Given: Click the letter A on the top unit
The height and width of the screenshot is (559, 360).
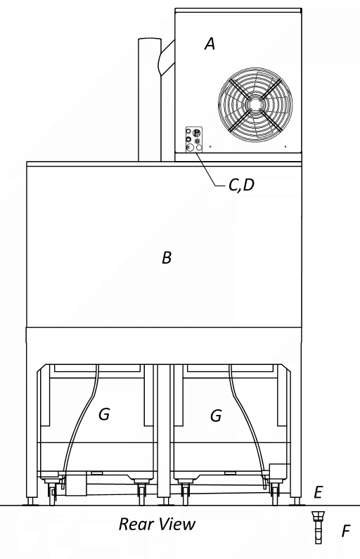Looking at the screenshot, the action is (210, 44).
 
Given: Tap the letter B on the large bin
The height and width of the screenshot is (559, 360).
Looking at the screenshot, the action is (167, 257).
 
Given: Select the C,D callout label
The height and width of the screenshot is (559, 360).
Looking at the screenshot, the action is (241, 185).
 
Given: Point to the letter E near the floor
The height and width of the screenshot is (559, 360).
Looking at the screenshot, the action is (318, 492).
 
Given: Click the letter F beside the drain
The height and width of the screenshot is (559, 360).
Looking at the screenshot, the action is (346, 531).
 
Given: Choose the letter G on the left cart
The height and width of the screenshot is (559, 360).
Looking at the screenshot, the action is (104, 414).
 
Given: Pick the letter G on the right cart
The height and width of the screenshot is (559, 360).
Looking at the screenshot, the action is (216, 416).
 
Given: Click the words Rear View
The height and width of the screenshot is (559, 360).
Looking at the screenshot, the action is (157, 524).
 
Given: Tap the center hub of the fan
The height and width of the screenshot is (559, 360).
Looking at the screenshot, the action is (255, 105).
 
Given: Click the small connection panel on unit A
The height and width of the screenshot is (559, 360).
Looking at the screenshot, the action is (194, 140).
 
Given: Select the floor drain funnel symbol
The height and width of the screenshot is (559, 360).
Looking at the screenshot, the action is (318, 527).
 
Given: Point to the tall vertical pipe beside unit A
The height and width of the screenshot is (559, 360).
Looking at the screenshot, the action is (150, 99).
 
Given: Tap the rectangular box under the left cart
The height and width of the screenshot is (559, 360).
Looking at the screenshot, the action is (76, 484).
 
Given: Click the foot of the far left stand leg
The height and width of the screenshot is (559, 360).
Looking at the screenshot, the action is (31, 502).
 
